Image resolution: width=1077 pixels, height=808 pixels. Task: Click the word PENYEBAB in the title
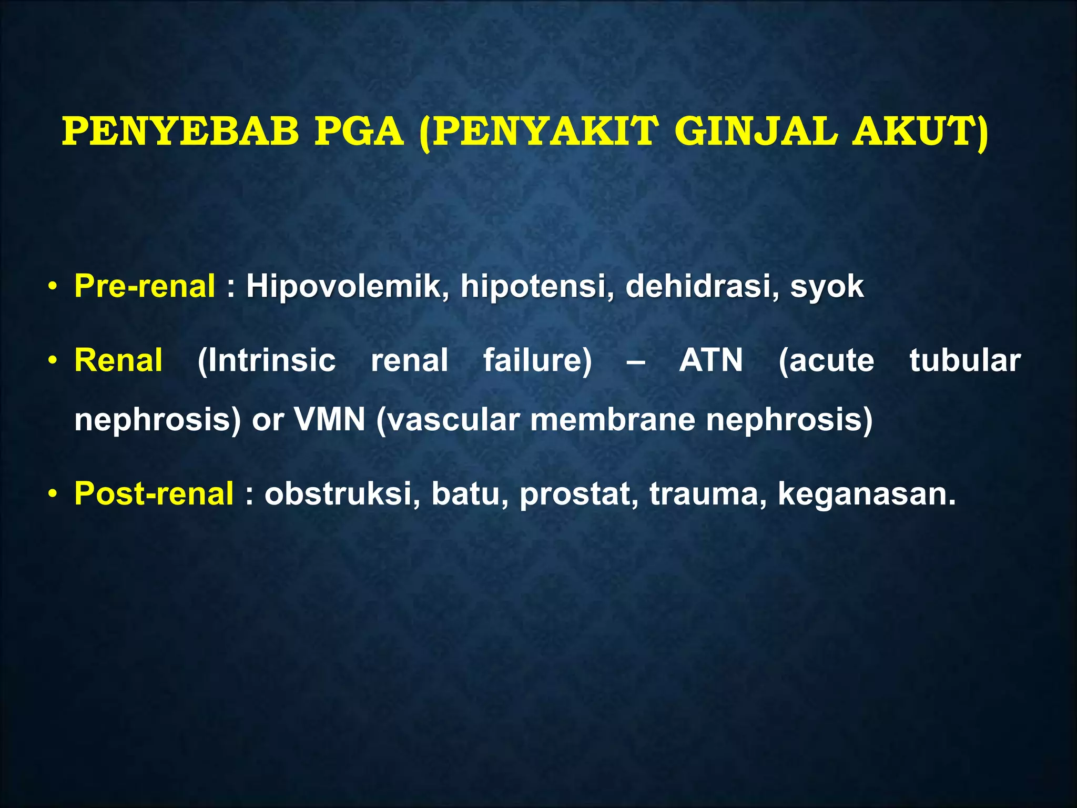[180, 132]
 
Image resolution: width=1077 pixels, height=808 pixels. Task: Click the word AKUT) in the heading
[920, 132]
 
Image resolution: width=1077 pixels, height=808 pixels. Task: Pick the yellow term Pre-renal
[145, 287]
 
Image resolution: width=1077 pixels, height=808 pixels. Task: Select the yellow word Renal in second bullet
[118, 361]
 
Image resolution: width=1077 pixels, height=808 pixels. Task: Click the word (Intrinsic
[267, 361]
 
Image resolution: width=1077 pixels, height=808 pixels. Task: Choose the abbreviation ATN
[711, 361]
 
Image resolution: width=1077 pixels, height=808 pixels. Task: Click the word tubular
[965, 361]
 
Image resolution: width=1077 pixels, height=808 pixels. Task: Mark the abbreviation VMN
[329, 420]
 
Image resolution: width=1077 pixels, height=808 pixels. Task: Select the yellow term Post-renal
[154, 494]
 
